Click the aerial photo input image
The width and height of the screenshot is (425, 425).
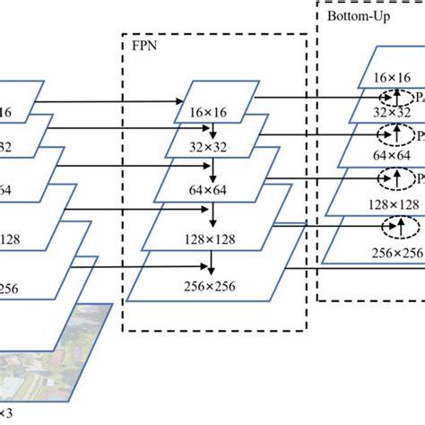point(54,359)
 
